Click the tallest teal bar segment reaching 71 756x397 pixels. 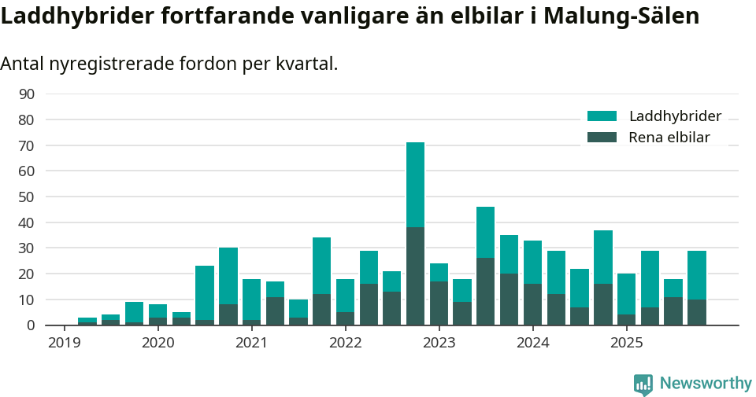(x=415, y=185)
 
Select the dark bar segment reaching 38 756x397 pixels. (x=415, y=276)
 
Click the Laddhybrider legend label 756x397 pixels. (x=675, y=116)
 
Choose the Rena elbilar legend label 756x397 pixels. (x=669, y=138)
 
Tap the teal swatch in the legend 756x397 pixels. (x=602, y=116)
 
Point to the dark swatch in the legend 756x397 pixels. (x=602, y=138)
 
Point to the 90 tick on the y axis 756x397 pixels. (x=26, y=94)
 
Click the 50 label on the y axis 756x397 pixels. (x=26, y=197)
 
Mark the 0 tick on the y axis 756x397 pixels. (x=31, y=325)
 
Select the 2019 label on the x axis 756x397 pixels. (x=64, y=343)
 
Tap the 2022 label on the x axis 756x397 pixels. (x=345, y=343)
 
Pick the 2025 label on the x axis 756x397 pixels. (x=627, y=343)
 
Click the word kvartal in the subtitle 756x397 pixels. (x=306, y=64)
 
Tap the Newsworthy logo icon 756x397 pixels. (x=643, y=384)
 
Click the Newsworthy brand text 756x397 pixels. (x=706, y=384)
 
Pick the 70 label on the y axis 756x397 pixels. (x=26, y=145)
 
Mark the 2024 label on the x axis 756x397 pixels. (x=533, y=343)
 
